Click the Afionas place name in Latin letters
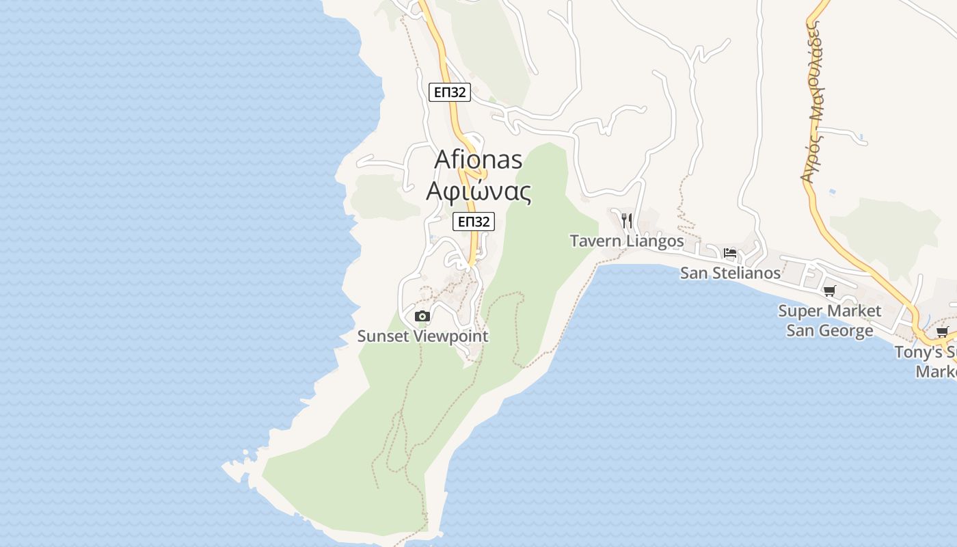478,160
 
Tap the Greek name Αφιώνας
478,191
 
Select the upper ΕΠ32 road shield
450,92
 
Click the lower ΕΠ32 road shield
473,222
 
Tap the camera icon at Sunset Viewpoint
422,316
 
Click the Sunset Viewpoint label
423,336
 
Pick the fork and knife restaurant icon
627,220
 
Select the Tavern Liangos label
627,241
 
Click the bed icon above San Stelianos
730,253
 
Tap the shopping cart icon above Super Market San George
830,291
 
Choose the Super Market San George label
830,321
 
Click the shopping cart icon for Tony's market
942,333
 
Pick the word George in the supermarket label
844,331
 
